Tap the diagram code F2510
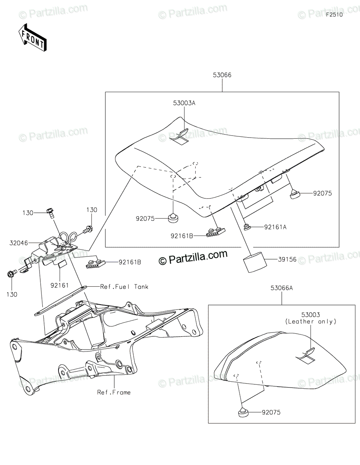[334, 15]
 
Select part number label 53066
[222, 75]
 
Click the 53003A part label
[184, 103]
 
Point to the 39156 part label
[287, 260]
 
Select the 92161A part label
[275, 227]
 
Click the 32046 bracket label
[19, 243]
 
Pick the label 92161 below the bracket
[59, 285]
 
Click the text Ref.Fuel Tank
[124, 287]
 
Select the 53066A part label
[282, 288]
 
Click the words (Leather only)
[310, 322]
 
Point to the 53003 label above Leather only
[310, 315]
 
